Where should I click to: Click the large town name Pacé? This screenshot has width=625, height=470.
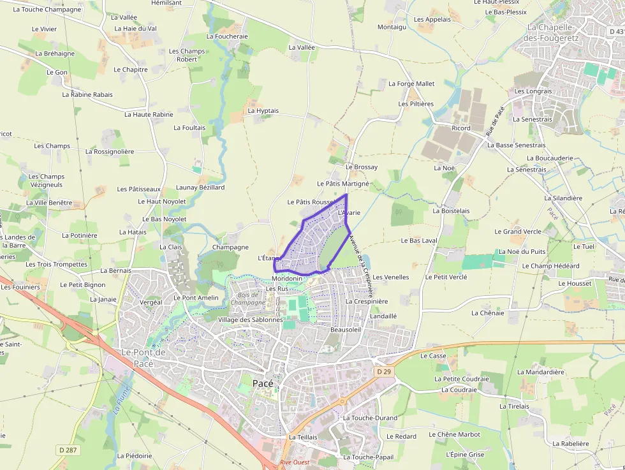coord(263,383)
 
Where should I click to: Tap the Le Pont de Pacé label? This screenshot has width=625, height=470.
coord(143,358)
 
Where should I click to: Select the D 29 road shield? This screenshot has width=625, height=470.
coord(383,371)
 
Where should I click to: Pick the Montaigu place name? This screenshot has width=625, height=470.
coord(392,27)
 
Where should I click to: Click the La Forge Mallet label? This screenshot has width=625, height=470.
coord(411,84)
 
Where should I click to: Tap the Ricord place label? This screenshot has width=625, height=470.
coord(460,128)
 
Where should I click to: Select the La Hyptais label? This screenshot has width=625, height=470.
coord(263,110)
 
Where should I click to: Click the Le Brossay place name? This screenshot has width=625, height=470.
coord(361,167)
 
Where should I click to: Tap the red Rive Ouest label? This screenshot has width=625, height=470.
coord(295,462)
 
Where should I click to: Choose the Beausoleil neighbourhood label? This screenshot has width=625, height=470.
coord(346,330)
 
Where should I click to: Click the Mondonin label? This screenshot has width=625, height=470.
coord(286,279)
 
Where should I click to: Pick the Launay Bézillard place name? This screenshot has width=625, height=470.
coord(200,187)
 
